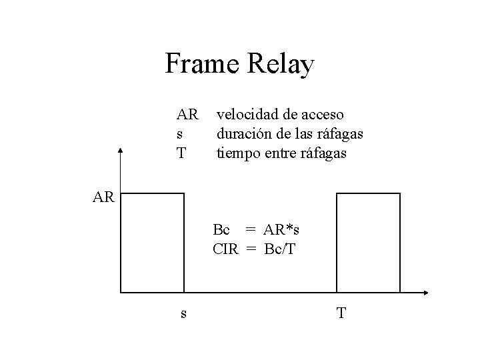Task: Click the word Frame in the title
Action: point(203,64)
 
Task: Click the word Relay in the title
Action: point(281,65)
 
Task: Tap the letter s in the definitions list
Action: point(179,135)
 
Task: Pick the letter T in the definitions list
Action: point(181,153)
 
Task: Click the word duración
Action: point(241,134)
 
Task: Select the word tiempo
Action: point(235,153)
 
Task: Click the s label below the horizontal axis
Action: point(183,314)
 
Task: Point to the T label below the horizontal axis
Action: point(341,313)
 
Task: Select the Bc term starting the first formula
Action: point(221,230)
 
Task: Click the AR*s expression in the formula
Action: point(281,230)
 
